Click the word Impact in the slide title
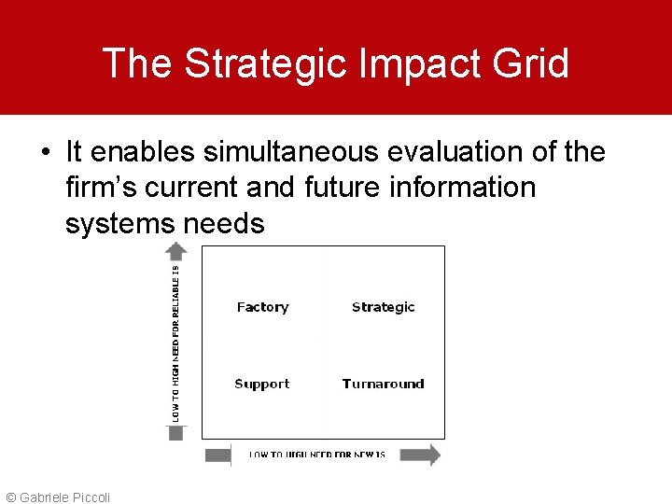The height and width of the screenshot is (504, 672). tap(415, 63)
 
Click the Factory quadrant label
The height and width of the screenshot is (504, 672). tap(262, 307)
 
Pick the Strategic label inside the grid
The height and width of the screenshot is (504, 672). tap(383, 307)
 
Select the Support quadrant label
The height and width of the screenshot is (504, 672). tap(261, 384)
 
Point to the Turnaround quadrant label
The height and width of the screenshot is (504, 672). tap(383, 384)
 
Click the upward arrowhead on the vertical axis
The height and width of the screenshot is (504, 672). tap(176, 249)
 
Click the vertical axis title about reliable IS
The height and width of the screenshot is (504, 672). tap(176, 342)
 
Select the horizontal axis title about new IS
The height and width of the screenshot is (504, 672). tap(317, 455)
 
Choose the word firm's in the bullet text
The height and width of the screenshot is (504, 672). tap(104, 188)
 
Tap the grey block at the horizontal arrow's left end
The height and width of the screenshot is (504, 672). tap(217, 455)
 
